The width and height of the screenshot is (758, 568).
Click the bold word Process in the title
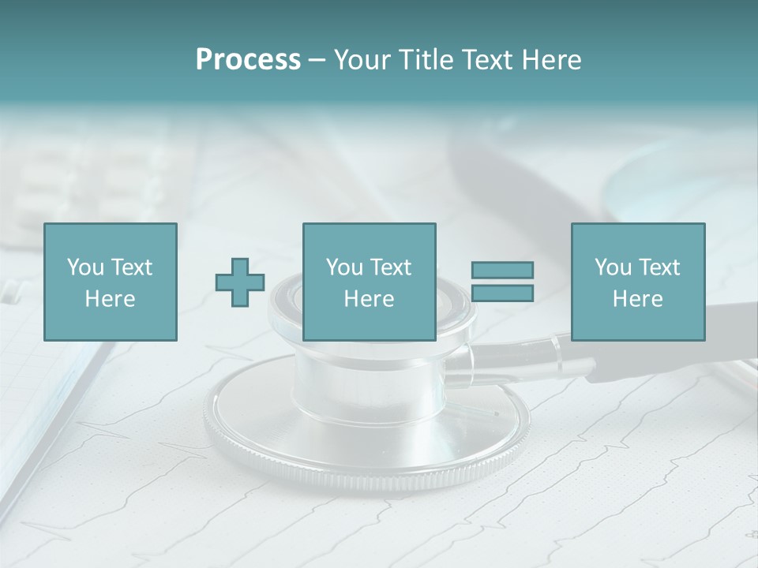click(x=248, y=60)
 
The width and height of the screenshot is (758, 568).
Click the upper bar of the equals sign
click(x=502, y=270)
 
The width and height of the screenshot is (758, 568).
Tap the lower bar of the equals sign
click(x=502, y=293)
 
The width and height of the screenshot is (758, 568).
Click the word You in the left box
click(x=85, y=267)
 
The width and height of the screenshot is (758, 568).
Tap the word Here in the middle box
click(x=369, y=299)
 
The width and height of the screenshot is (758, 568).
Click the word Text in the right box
click(x=659, y=267)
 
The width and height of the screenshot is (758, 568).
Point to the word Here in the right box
click(x=637, y=299)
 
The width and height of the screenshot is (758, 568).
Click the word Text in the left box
click(x=131, y=267)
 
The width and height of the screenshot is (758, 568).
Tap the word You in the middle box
click(x=344, y=267)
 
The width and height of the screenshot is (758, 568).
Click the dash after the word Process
click(x=317, y=60)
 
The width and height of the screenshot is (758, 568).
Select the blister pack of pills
click(x=95, y=181)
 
